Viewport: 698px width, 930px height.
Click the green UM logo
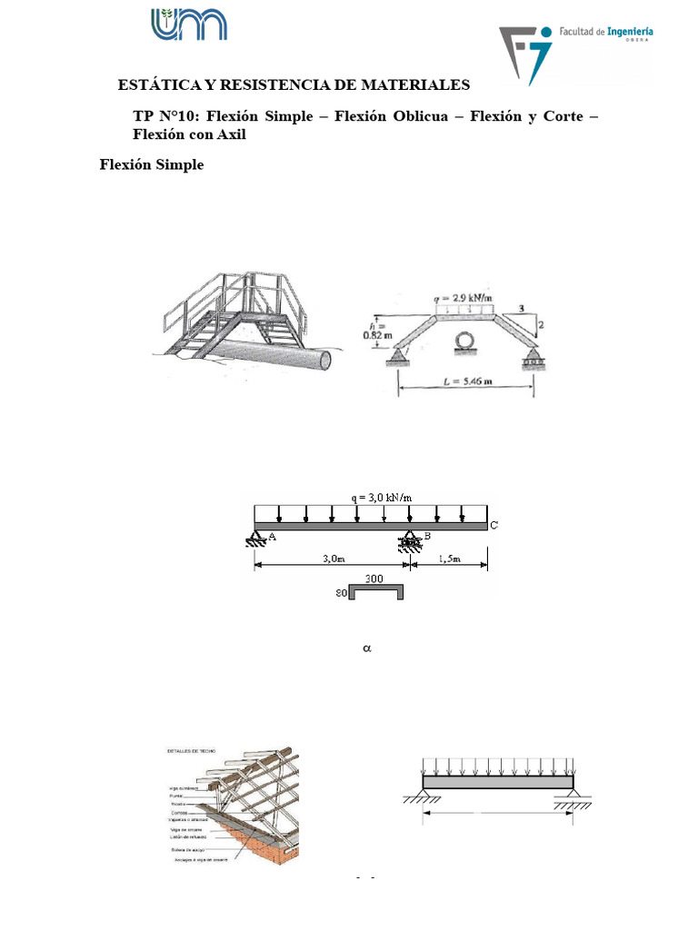189,24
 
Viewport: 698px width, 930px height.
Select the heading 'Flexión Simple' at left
152,164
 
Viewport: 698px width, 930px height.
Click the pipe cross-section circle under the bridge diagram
463,341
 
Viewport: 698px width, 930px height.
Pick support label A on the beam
272,538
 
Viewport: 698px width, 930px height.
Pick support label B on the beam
426,537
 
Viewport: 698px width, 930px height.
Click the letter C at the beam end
494,525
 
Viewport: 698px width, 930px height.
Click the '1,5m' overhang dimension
448,559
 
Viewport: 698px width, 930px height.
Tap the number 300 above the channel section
374,578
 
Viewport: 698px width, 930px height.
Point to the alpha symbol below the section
368,649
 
